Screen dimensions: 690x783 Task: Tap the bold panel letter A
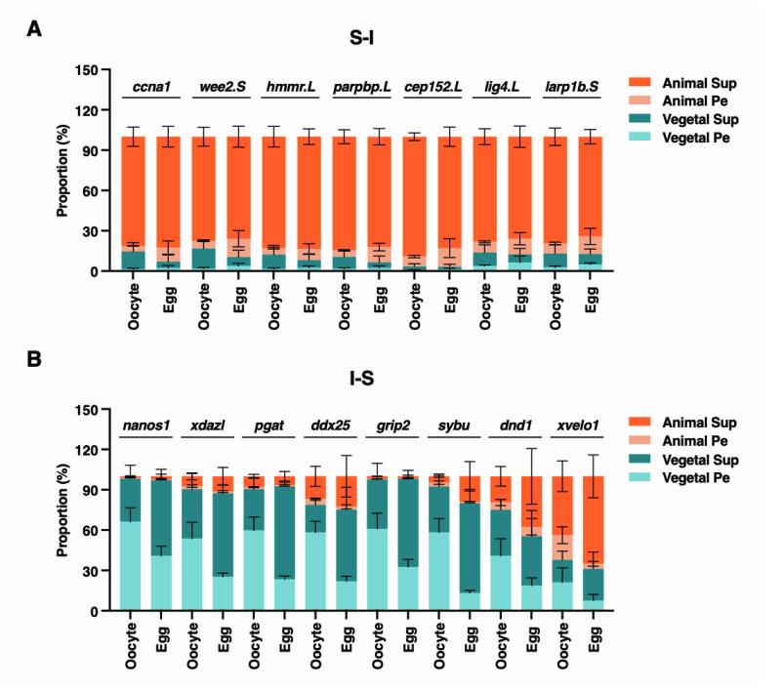34,29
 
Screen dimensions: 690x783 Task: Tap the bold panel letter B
34,362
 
